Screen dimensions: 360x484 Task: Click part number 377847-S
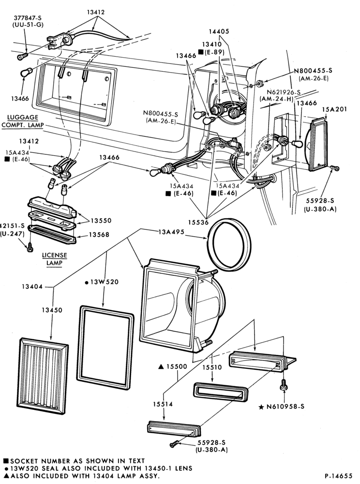(28, 18)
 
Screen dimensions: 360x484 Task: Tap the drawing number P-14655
(338, 476)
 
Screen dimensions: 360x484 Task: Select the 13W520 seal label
(102, 282)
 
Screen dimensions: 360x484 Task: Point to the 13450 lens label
(52, 310)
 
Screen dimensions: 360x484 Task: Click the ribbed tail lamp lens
(44, 376)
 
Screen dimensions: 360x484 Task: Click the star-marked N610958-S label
(281, 407)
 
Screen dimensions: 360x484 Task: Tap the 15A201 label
(334, 109)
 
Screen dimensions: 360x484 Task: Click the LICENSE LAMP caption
(54, 259)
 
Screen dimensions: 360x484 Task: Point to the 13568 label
(99, 235)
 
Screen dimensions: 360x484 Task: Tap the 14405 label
(219, 31)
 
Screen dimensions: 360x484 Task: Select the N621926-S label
(284, 92)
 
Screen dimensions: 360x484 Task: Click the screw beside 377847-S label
(23, 56)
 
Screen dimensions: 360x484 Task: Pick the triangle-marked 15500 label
(173, 367)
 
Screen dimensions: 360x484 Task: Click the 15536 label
(198, 222)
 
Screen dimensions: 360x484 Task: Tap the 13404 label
(32, 287)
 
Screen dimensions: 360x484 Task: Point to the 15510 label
(212, 367)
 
